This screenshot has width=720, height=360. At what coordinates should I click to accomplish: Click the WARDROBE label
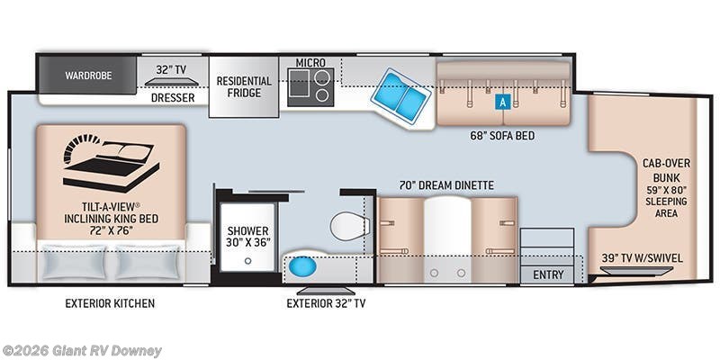point(88,76)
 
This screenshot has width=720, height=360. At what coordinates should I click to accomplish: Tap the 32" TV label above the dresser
point(171,70)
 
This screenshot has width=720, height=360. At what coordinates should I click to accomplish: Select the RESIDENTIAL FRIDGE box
point(244,86)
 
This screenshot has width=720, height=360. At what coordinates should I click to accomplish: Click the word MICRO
point(310,62)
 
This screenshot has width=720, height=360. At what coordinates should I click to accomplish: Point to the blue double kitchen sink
point(400,95)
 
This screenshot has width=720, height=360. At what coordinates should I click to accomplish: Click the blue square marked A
point(502,103)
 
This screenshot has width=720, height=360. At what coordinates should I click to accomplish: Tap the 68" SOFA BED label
point(502,136)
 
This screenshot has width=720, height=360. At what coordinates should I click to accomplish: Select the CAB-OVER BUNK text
point(666,170)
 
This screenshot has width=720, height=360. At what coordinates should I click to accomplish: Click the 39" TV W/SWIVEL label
point(642,258)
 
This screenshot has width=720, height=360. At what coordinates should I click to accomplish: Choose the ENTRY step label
point(548,274)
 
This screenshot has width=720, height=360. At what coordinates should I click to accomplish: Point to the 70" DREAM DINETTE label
point(446,185)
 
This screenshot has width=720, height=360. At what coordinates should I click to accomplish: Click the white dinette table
point(447,238)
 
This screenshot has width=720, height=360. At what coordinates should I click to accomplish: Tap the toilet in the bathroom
point(349,226)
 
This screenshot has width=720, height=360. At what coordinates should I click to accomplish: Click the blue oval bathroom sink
point(302,266)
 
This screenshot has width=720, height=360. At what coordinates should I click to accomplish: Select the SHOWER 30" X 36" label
point(248,236)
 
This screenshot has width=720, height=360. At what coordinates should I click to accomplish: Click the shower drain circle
point(248,261)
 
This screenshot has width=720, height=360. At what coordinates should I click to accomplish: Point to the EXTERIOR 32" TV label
point(326,303)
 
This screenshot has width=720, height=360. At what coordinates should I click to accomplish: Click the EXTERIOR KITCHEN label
point(110,303)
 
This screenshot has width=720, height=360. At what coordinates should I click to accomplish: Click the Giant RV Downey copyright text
point(81,351)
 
